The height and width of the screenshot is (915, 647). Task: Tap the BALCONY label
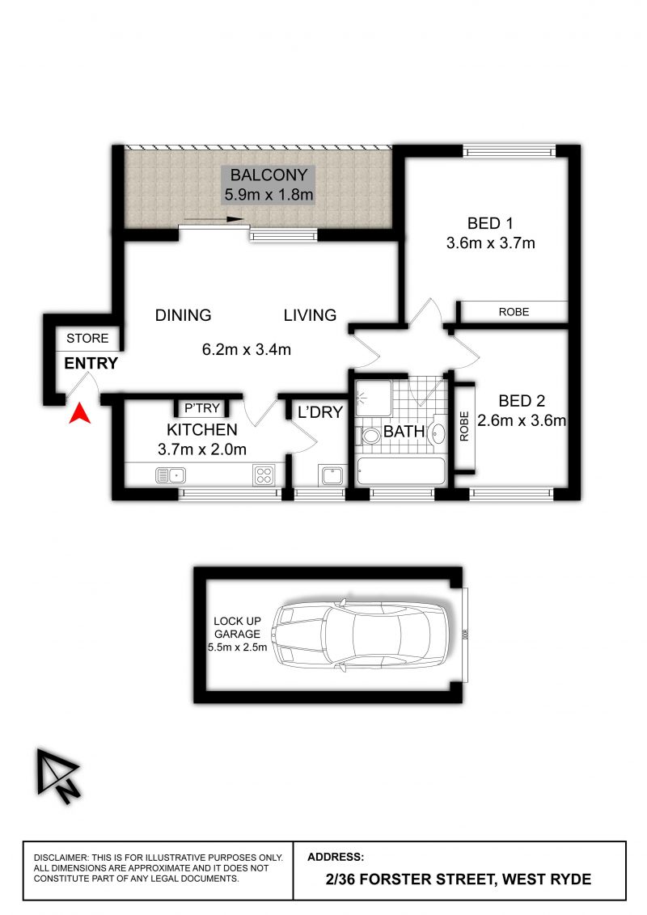pos(269,175)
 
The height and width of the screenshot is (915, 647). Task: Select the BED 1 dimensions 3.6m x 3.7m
pos(490,242)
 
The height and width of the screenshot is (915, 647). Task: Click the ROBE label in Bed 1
pos(514,312)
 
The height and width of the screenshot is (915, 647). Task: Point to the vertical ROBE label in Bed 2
pos(464,426)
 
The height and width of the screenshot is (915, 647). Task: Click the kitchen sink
pos(171,475)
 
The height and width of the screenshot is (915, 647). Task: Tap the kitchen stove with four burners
pos(264,475)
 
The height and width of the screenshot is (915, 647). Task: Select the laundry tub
pos(332,475)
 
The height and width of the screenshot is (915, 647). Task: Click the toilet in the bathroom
pos(369,436)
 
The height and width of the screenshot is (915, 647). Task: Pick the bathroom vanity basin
pos(438,433)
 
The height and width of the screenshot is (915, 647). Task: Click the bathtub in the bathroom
pos(401,471)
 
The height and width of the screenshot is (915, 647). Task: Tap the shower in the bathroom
pos(374,398)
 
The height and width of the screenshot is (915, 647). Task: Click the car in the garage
pos(362,635)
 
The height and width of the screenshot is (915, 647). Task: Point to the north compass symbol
pos(57,776)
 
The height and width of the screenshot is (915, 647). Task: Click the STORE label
pos(87,339)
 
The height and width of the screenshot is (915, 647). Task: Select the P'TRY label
pos(202,408)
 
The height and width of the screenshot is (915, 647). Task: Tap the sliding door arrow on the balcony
pos(214,219)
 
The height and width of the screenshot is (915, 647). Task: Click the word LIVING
pos(310,316)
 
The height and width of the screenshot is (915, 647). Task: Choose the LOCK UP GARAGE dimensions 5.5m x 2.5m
pos(237,647)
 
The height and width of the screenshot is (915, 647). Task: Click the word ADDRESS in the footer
pos(336,858)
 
